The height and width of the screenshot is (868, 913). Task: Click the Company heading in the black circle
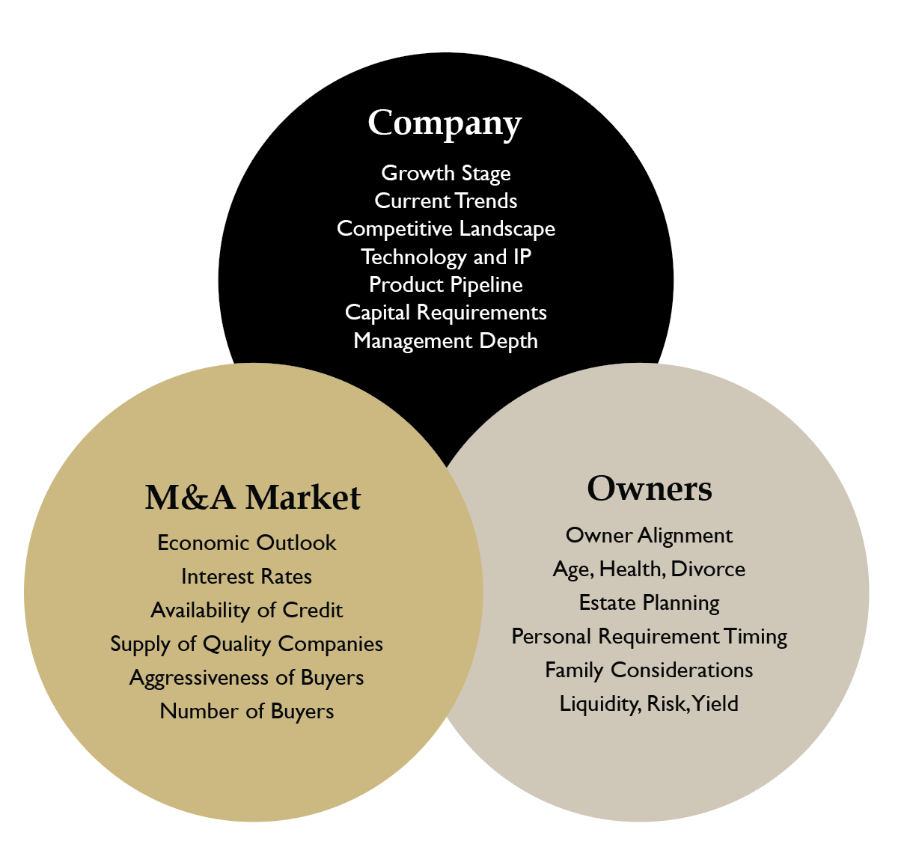tap(445, 123)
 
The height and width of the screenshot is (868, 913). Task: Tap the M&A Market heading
tap(253, 498)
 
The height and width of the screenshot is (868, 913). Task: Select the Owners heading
tap(649, 489)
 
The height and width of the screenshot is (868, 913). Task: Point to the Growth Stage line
tap(446, 173)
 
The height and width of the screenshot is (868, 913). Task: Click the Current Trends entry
tap(446, 201)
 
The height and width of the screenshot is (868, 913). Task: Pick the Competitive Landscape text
tap(446, 228)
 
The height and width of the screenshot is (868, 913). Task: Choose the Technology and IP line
tap(446, 257)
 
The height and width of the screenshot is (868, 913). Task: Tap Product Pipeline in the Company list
tap(446, 284)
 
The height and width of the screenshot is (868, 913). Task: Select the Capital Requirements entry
tap(446, 312)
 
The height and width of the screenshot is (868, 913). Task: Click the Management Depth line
tap(446, 340)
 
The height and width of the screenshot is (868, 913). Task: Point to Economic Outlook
tap(247, 542)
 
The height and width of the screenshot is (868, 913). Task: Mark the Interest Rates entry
tap(247, 576)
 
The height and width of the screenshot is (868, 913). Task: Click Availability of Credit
tap(247, 610)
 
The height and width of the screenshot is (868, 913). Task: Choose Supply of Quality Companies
tap(247, 644)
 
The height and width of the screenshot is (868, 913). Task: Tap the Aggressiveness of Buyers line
tap(247, 677)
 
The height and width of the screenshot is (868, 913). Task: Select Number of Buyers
tap(247, 711)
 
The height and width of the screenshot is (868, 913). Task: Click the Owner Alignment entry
tap(649, 535)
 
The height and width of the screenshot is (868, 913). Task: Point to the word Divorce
tap(708, 569)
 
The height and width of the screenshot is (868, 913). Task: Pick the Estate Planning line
tap(649, 602)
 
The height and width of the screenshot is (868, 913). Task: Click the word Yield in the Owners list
tap(716, 703)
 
